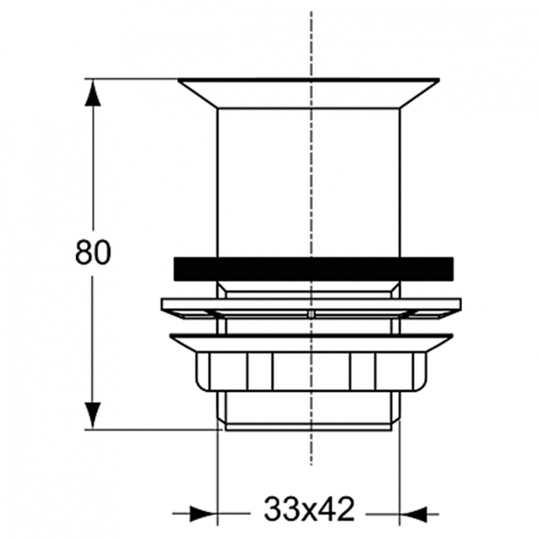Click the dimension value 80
(93, 253)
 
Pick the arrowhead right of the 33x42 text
(413, 515)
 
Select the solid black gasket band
(313, 267)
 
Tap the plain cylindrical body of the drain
(309, 180)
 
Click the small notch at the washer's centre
(310, 315)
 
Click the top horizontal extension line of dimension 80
(133, 78)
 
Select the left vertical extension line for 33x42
(217, 474)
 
